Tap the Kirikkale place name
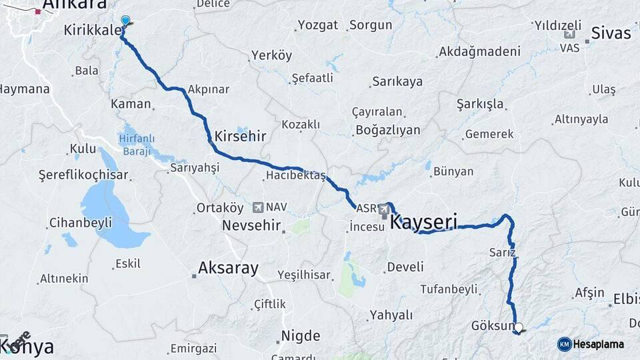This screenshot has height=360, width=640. click(x=93, y=31)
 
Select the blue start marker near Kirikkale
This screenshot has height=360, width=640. click(x=125, y=21)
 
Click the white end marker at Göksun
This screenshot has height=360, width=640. click(x=519, y=327)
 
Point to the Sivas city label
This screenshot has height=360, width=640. click(x=611, y=33)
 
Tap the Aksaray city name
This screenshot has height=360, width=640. click(x=228, y=269)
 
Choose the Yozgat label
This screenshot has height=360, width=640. click(x=318, y=25)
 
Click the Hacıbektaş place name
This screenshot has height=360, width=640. click(x=295, y=175)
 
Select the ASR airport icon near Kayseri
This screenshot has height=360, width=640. click(x=384, y=210)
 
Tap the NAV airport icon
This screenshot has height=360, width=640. click(x=258, y=207)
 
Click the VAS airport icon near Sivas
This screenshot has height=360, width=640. click(x=570, y=35)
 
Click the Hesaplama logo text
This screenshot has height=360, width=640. click(x=598, y=345)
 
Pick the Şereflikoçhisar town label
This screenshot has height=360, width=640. click(x=83, y=175)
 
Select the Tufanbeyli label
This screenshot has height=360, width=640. click(x=449, y=289)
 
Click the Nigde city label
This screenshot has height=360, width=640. click(x=301, y=336)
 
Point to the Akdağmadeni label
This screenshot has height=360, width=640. click(x=479, y=51)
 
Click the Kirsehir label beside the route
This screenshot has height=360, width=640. click(x=240, y=137)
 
